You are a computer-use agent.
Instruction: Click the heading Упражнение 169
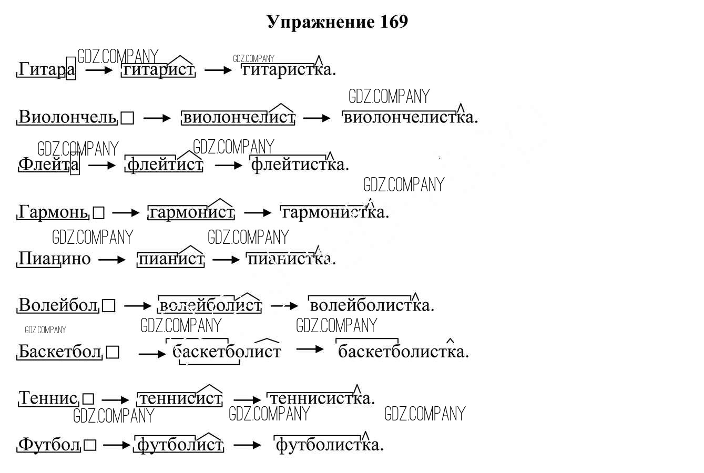click(337, 22)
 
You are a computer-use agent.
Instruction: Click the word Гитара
click(46, 69)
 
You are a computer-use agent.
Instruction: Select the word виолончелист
click(238, 117)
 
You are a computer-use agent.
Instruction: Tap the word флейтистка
click(299, 164)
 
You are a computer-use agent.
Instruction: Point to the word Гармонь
click(53, 212)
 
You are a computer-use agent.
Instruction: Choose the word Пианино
click(54, 259)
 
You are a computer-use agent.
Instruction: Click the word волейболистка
click(371, 305)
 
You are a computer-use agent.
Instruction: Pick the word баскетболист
click(227, 351)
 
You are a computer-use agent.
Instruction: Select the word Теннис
click(48, 398)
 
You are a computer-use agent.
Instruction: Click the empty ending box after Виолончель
click(127, 118)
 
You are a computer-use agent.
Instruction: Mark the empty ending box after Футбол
click(90, 446)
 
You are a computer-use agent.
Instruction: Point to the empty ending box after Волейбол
click(108, 305)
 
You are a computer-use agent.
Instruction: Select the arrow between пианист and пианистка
click(226, 259)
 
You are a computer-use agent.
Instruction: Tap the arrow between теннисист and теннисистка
click(247, 399)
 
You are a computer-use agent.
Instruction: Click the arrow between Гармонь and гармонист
click(126, 213)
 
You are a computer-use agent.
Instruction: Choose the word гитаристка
click(288, 69)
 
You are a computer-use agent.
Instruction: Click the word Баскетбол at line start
click(59, 351)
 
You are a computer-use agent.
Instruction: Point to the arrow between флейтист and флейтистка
click(229, 165)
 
